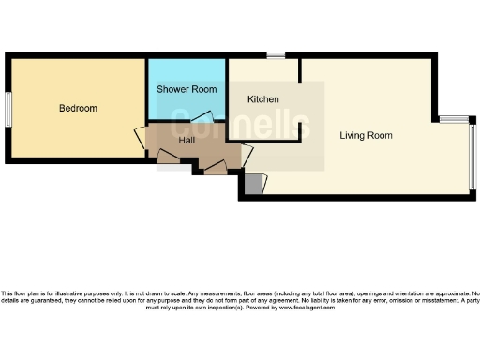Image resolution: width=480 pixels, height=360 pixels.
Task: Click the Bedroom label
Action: pyautogui.click(x=78, y=108)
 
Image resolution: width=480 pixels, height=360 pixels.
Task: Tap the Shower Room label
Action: pyautogui.click(x=187, y=89)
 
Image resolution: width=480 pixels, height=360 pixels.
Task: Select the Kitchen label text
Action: pyautogui.click(x=262, y=98)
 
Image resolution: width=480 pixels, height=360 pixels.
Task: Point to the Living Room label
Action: pyautogui.click(x=366, y=135)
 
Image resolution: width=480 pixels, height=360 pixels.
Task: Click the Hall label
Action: pyautogui.click(x=187, y=141)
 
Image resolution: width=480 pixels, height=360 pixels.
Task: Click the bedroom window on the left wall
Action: pyautogui.click(x=7, y=109)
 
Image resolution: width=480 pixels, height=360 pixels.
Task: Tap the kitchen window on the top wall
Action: pyautogui.click(x=275, y=56)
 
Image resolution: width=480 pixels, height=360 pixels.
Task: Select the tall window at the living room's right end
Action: pyautogui.click(x=472, y=156)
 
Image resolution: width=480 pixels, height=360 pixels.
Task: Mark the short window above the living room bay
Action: pyautogui.click(x=454, y=119)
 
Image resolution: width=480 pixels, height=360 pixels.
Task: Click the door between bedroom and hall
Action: pyautogui.click(x=140, y=138)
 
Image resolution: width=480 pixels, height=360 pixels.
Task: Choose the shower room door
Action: pyautogui.click(x=202, y=118)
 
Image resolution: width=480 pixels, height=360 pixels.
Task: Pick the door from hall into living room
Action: pyautogui.click(x=247, y=156)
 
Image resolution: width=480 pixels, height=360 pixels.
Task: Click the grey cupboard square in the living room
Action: pyautogui.click(x=251, y=184)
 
